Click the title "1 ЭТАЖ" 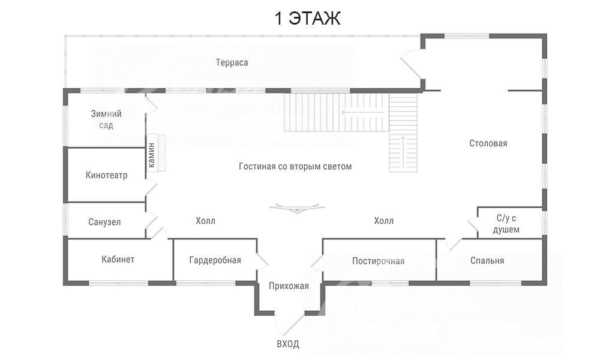coord(307,18)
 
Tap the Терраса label coord(232,62)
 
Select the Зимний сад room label coord(106,119)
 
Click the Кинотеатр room coord(106,175)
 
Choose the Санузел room coord(104,222)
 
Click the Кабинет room coord(118,259)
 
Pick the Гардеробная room coord(215,260)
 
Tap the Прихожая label coord(289,286)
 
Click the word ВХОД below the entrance coord(287,344)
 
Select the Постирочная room coord(378,261)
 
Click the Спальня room coord(487,260)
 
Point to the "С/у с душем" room coord(506,224)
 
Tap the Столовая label coord(488,143)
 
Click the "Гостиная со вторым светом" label coord(295,166)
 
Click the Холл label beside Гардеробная coord(205,221)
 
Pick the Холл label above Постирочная coord(383,221)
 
